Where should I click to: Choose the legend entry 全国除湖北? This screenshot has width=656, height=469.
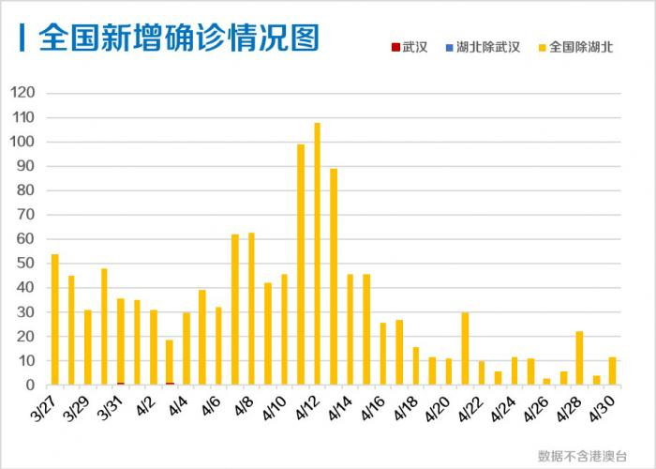pyautogui.click(x=574, y=47)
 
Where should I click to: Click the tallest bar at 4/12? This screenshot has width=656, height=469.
pyautogui.click(x=317, y=253)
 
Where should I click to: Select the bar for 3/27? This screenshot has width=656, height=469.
pyautogui.click(x=54, y=319)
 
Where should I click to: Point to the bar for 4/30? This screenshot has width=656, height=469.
pyautogui.click(x=612, y=371)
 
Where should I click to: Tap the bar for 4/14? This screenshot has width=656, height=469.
pyautogui.click(x=350, y=329)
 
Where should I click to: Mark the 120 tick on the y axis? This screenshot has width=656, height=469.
pyautogui.click(x=22, y=93)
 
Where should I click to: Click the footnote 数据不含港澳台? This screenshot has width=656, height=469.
pyautogui.click(x=582, y=455)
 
